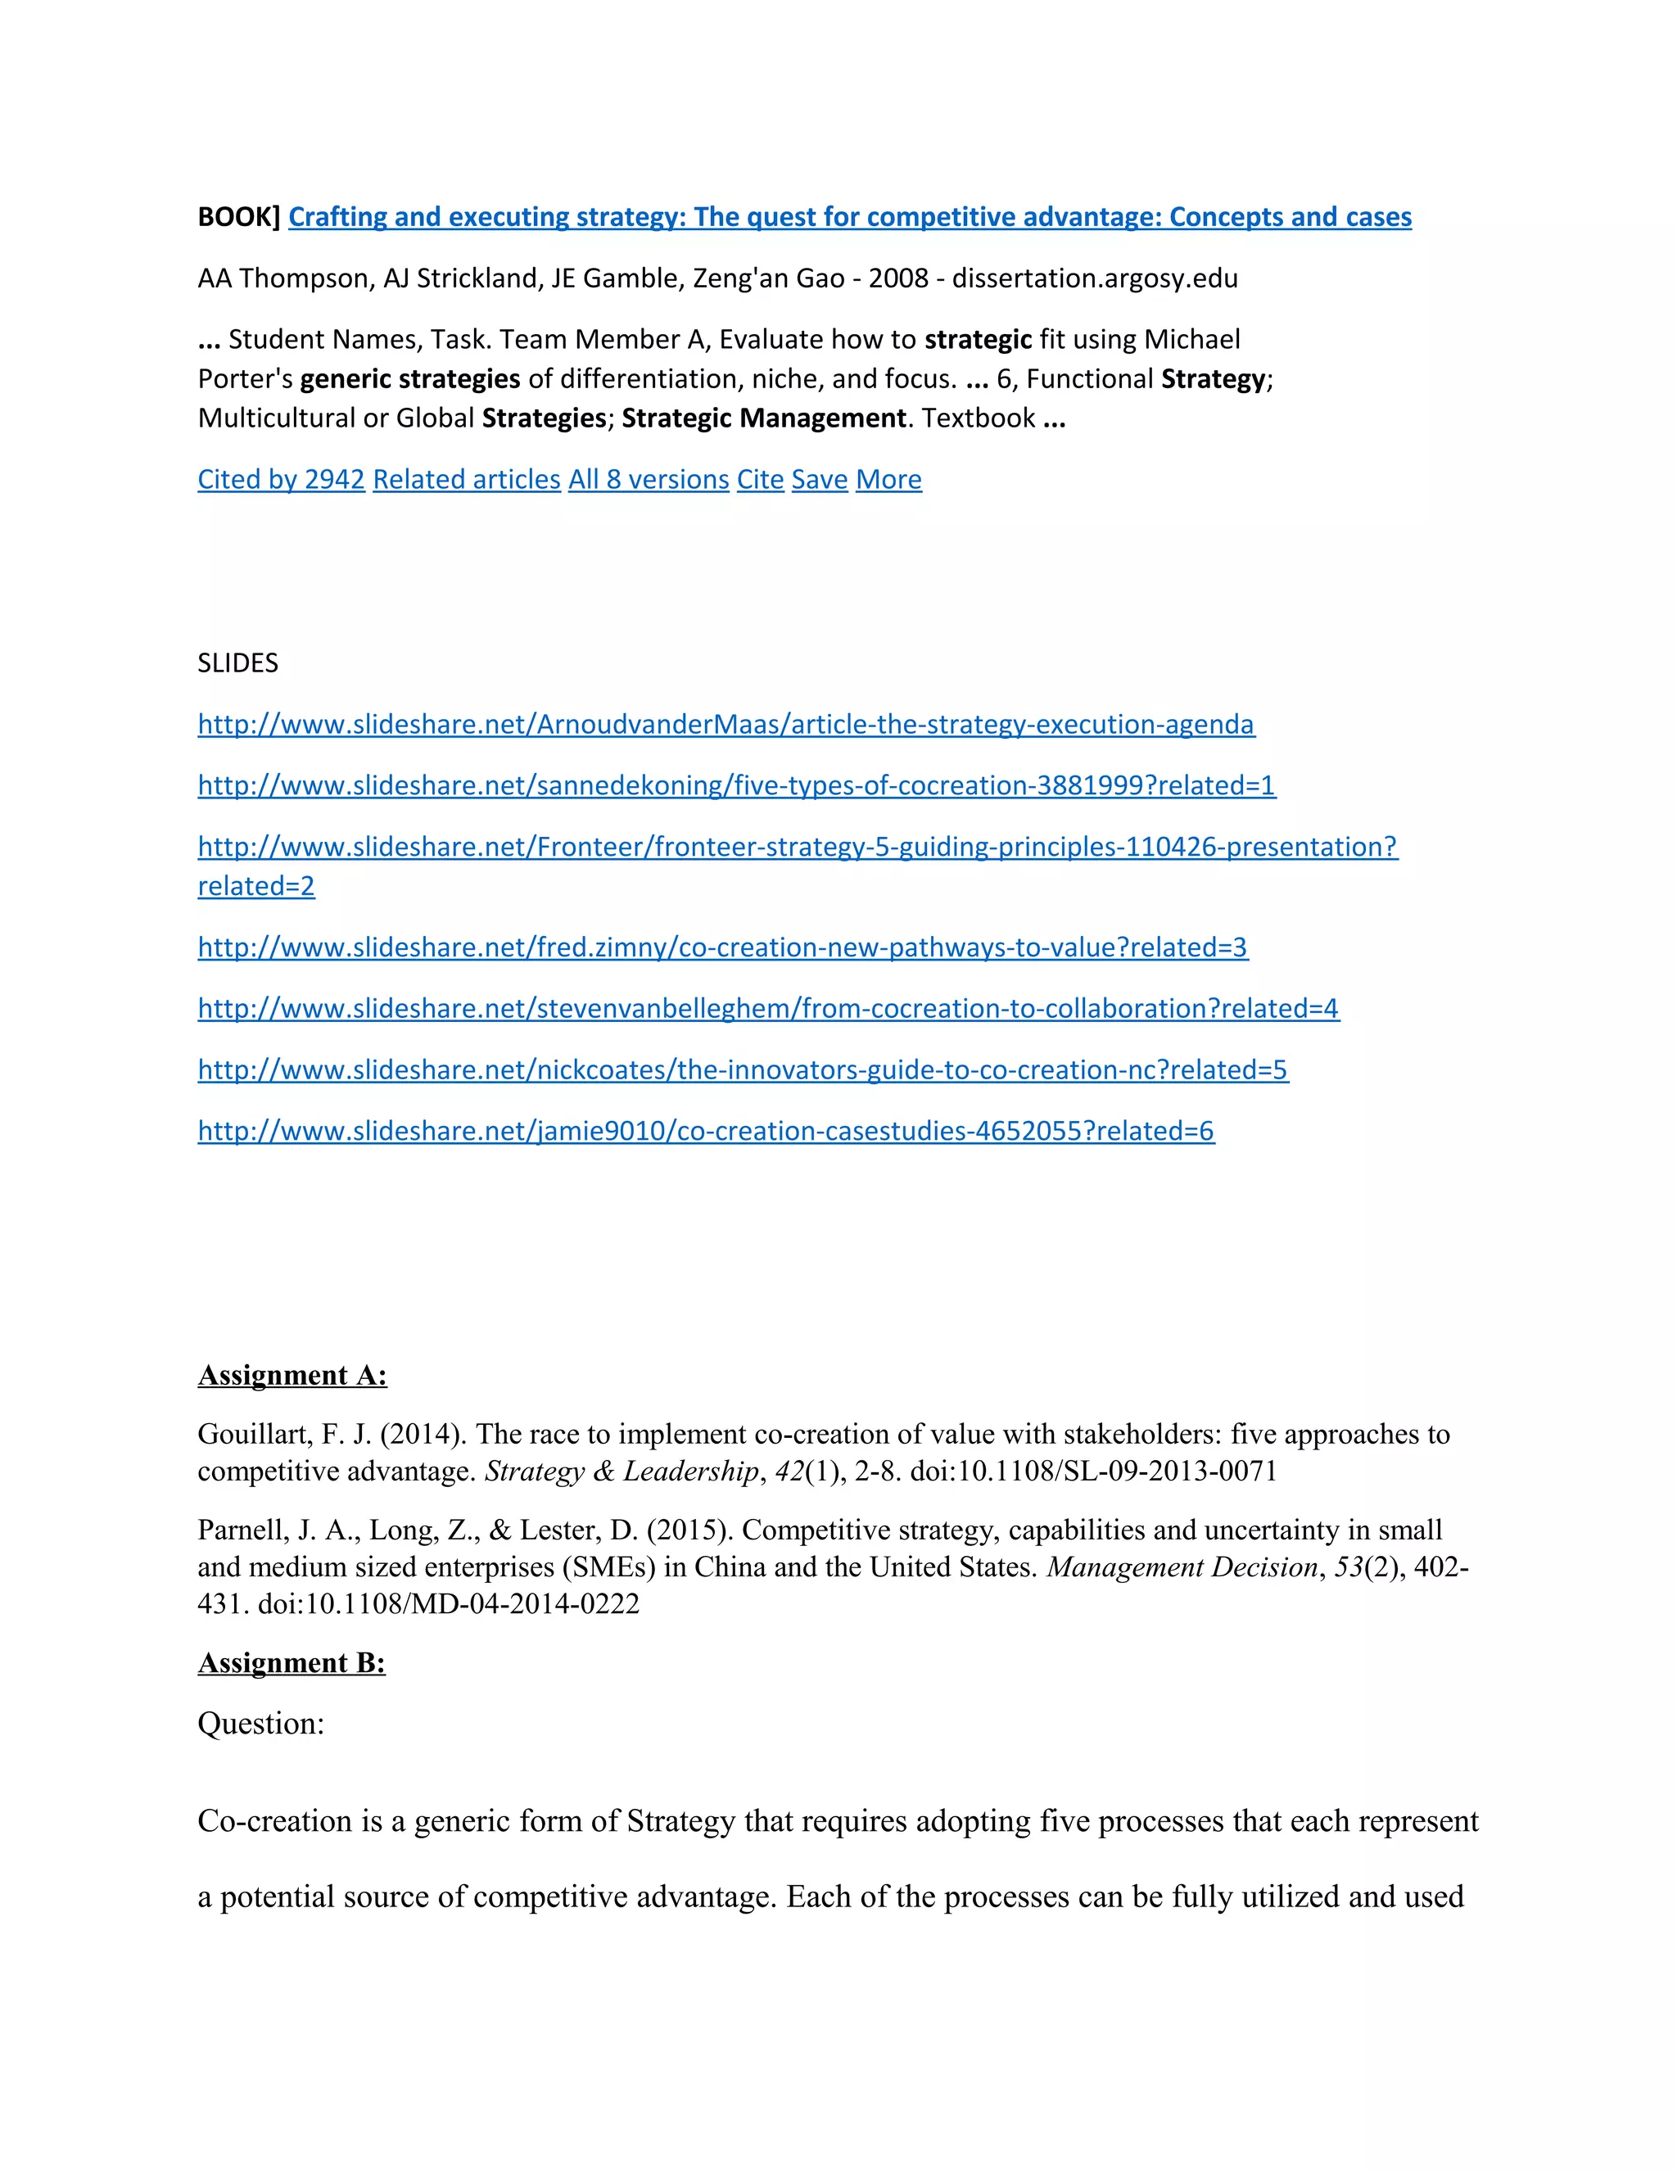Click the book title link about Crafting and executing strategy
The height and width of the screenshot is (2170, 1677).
point(849,218)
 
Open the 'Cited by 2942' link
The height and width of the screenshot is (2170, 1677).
point(281,480)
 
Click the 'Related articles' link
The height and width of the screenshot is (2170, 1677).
point(466,480)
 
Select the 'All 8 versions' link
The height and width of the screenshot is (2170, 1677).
point(648,480)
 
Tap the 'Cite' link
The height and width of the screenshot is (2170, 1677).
point(760,480)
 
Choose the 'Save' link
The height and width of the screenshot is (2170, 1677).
point(819,480)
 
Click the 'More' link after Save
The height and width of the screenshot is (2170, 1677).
point(888,480)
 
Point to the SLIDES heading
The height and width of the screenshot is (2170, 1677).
point(237,664)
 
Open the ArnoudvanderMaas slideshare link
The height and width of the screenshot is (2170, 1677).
point(725,725)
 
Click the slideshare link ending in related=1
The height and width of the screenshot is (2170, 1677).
point(736,786)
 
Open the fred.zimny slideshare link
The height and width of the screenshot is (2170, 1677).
point(722,948)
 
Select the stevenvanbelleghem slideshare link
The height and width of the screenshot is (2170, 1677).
point(768,1009)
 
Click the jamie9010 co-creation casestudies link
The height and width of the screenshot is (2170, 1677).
point(705,1132)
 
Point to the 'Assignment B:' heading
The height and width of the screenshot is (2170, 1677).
point(291,1663)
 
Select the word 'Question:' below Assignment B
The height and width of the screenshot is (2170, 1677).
point(261,1724)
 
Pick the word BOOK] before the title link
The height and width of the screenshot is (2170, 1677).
point(238,218)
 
